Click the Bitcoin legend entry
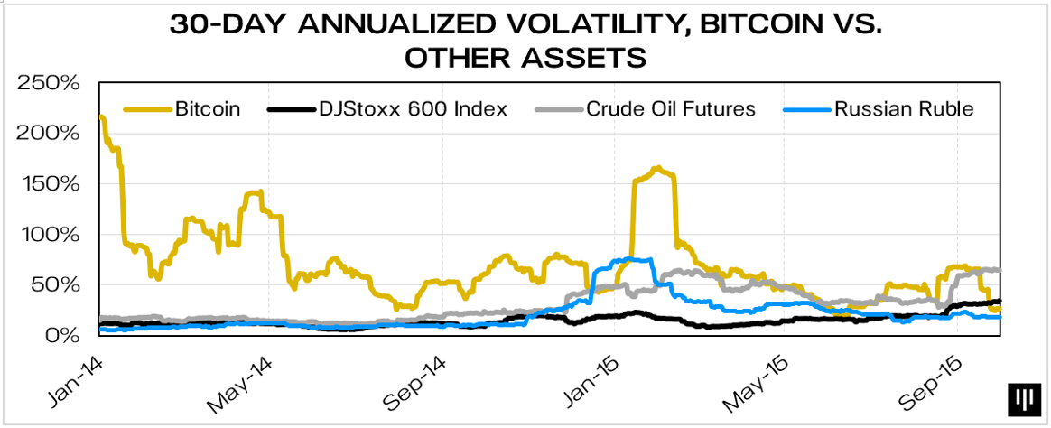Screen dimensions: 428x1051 [x=207, y=110]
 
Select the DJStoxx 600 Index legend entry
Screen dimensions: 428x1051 [x=412, y=110]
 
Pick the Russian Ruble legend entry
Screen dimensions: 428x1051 [x=904, y=110]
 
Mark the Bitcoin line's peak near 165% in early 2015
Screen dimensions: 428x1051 [x=656, y=168]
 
